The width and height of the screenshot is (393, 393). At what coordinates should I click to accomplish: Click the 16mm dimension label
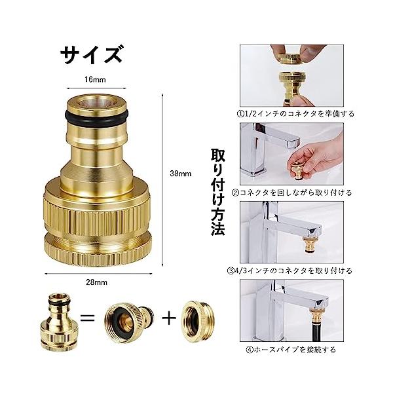point(95,80)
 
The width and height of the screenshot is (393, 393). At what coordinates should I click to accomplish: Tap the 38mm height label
point(181,174)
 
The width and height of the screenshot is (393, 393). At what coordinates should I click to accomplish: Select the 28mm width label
point(96,282)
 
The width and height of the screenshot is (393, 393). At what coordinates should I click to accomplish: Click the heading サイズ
point(92,54)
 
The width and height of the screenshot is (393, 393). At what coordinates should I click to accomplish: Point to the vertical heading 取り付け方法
point(217,192)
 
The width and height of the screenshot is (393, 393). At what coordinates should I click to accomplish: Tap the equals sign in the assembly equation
point(88,318)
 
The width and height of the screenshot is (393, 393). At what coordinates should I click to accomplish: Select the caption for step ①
point(295,114)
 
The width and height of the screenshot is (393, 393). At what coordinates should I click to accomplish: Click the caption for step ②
point(292,193)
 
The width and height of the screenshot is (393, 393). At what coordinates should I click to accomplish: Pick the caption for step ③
point(290,271)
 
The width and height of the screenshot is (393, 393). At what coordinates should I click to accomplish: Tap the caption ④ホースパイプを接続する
point(291,349)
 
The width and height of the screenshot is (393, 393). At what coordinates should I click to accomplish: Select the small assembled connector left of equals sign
point(59,322)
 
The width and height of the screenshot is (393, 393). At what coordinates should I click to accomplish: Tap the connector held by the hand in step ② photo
point(299,170)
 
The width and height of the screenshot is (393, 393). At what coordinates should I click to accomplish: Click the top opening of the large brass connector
point(97,102)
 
